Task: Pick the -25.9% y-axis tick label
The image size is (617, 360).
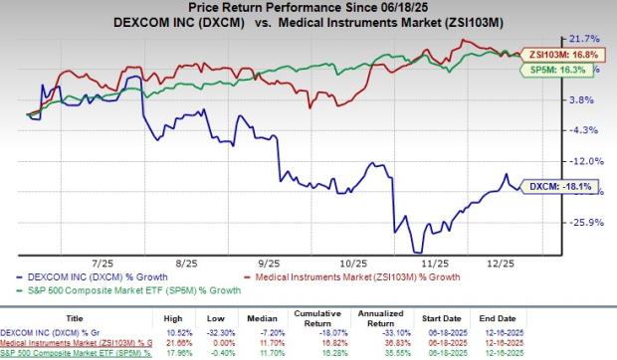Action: pyautogui.click(x=587, y=223)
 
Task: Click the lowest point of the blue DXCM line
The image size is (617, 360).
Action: pyautogui.click(x=416, y=252)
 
